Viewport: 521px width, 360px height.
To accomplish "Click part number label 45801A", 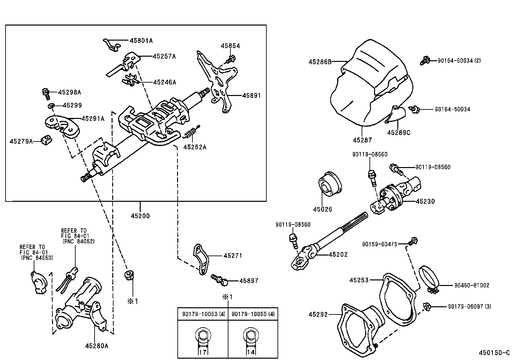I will coord(141,41).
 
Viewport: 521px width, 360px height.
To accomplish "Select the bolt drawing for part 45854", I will coord(231,59).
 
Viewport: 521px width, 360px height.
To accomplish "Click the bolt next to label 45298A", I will coord(46,93).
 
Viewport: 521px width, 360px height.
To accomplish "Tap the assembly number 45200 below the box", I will coord(140,216).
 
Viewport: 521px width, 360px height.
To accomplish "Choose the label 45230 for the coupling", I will coord(425,201).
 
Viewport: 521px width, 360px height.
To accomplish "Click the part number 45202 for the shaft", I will coord(338,254).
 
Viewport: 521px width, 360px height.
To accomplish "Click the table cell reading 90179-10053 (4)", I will coord(203,314).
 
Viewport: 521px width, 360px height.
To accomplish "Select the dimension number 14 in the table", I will coord(250,352).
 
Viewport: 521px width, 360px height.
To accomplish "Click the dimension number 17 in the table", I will coord(202,352).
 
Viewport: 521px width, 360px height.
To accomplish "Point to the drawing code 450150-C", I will coord(494,352).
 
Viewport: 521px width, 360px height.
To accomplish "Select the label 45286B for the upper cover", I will coord(320,61).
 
